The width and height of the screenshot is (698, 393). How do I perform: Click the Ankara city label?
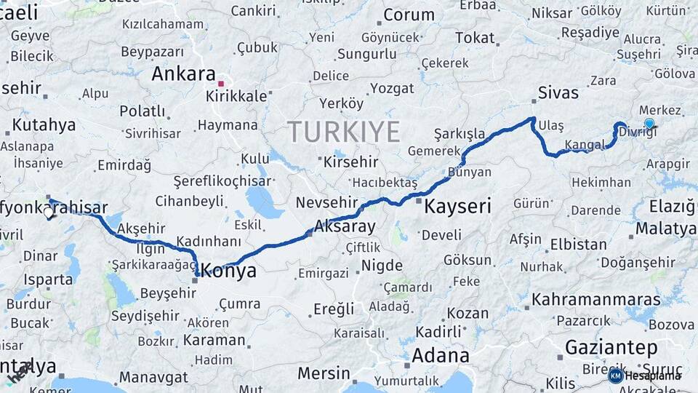pos(183,74)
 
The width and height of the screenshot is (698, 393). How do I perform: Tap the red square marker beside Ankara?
pos(221,84)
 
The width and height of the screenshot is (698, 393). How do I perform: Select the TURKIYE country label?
pos(344,132)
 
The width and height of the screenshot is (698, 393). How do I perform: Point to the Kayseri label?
pos(457,207)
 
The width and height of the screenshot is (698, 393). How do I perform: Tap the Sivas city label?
pos(558,92)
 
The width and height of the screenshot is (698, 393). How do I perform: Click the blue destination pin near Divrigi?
pos(649,124)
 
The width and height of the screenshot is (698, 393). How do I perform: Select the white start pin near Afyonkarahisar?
pos(49,213)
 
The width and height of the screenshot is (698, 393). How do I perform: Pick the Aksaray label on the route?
pos(345,226)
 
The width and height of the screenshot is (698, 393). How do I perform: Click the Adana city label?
pos(441,356)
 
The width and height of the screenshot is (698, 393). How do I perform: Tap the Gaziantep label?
pos(611,347)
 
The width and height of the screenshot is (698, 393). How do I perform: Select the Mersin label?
pos(324,373)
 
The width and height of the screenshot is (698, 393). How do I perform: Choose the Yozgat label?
pos(392,88)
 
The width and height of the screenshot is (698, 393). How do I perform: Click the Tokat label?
pos(475,38)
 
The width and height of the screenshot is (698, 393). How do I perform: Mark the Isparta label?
pos(48,278)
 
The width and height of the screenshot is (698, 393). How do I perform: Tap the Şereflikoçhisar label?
pos(222,181)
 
